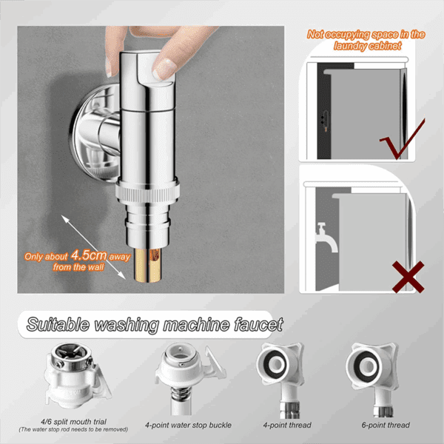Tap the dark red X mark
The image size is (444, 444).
coord(408,277)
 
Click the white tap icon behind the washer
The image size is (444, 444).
coord(326,238)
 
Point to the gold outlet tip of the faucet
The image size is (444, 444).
coord(148,266)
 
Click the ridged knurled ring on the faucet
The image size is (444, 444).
coord(147,194)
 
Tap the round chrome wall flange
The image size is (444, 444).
coord(93,132)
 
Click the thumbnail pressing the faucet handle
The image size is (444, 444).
coord(163,70)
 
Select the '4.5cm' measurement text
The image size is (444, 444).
coord(89,255)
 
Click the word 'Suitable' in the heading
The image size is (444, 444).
coord(58,324)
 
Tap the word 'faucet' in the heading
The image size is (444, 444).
coord(258,324)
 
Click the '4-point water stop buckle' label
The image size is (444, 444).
coord(188,425)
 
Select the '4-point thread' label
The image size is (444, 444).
coord(287,425)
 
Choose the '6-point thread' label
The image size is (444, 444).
coord(386,425)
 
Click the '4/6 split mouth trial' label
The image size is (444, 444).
coord(73,422)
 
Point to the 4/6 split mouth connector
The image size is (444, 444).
coord(76,376)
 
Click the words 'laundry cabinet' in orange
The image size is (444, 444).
coord(368,46)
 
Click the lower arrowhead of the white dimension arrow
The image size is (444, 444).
coord(122,275)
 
